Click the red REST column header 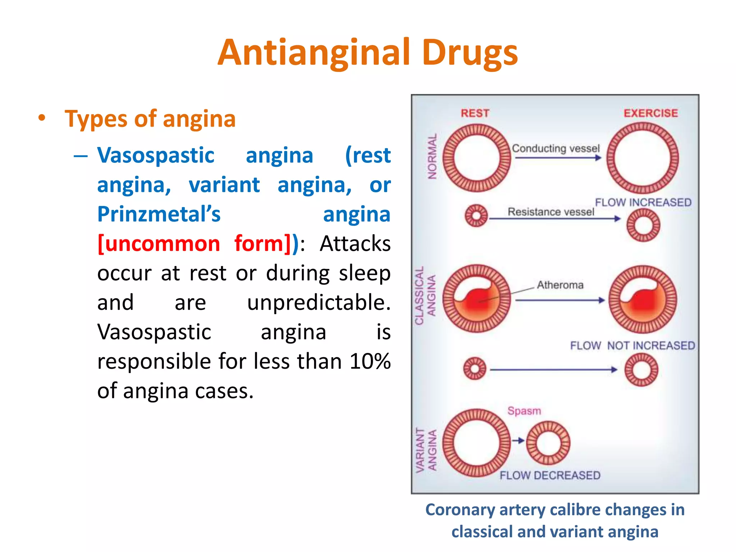[x=475, y=113]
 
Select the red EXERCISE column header [x=650, y=113]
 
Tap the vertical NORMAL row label [x=432, y=156]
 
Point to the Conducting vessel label [x=556, y=148]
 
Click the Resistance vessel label [x=551, y=212]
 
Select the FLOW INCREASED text [x=643, y=202]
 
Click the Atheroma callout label [x=560, y=285]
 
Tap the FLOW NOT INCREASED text [x=632, y=345]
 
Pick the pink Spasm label [x=524, y=411]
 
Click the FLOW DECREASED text [x=550, y=475]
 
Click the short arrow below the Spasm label [x=518, y=441]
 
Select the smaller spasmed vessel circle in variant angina [x=548, y=443]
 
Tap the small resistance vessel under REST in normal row [x=476, y=216]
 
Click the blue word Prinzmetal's [x=159, y=214]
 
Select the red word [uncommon [x=159, y=244]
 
